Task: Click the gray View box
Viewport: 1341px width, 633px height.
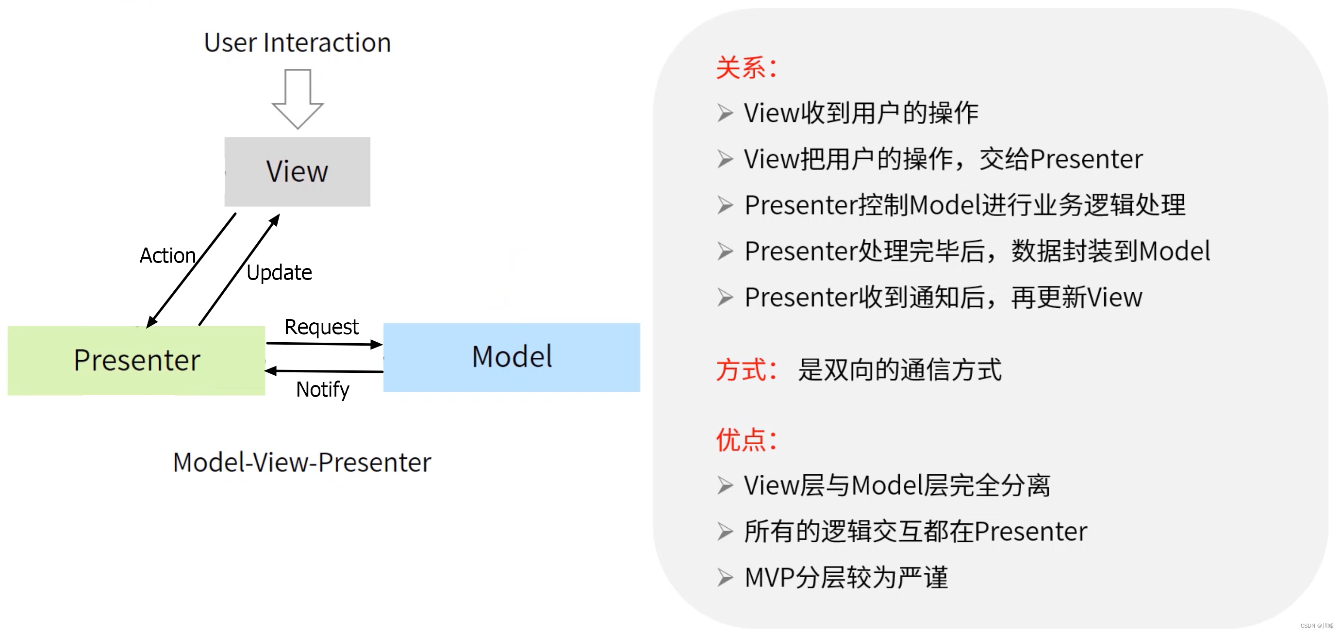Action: tap(297, 172)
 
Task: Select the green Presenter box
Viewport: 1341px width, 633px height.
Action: tap(136, 360)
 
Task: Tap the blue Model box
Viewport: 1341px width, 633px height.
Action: tap(512, 357)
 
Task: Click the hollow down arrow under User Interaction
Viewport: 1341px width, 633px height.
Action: tap(298, 99)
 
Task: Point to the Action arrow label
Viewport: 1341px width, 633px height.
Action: tap(167, 256)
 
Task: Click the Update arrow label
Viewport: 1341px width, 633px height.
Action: tap(279, 272)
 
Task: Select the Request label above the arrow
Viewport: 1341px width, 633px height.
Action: tap(321, 327)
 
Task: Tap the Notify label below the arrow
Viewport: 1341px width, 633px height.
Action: tap(322, 389)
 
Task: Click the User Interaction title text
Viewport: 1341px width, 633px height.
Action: tap(297, 43)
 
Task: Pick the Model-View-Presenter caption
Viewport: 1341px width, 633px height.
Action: tap(302, 462)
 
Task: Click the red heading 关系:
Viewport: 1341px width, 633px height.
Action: tap(746, 68)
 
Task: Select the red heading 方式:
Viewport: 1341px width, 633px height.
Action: tap(746, 370)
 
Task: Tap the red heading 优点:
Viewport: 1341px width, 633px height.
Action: tap(746, 440)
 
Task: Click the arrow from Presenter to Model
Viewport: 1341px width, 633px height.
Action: tap(324, 344)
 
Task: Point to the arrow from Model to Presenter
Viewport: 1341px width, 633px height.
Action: tap(324, 371)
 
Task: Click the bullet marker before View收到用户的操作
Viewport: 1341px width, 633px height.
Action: tap(725, 113)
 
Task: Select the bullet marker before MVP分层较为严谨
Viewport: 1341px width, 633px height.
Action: tap(725, 577)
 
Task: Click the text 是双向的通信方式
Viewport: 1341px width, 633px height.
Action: tap(899, 370)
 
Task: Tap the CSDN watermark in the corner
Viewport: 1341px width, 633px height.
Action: tap(1317, 626)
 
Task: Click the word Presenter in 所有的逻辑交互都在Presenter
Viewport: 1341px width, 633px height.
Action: tap(1031, 532)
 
